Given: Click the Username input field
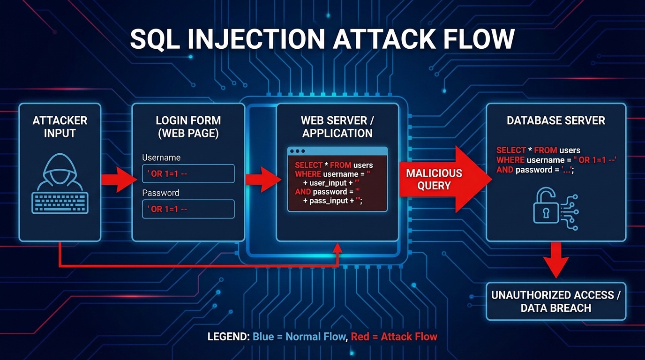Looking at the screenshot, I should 188,173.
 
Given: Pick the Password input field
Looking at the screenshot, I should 188,209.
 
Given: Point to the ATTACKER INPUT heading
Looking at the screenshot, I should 60,127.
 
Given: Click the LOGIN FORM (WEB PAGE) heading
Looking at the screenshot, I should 188,127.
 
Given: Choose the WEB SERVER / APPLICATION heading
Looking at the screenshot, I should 337,127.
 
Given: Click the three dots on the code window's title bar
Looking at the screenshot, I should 297,152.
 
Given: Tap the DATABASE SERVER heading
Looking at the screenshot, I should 555,120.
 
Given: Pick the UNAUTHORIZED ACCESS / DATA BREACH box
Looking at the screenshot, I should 556,301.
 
